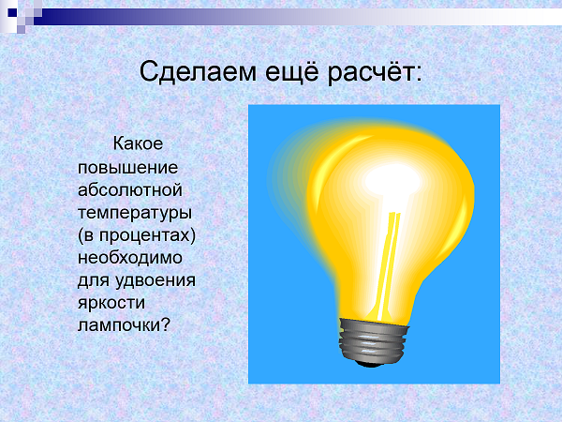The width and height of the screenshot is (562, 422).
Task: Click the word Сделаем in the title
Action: (x=198, y=72)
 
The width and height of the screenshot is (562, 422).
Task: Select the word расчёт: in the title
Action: (x=375, y=73)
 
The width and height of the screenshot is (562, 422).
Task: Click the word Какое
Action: (x=138, y=143)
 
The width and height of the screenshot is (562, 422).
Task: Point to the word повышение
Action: (x=128, y=168)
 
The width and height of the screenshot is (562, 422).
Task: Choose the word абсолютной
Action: (x=130, y=190)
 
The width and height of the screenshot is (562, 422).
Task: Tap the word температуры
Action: (x=135, y=214)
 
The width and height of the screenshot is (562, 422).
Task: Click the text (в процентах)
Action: (x=137, y=235)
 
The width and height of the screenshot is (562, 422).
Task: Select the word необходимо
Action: (x=130, y=258)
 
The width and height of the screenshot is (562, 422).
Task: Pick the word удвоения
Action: (x=155, y=280)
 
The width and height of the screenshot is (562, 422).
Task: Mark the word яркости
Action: (x=111, y=303)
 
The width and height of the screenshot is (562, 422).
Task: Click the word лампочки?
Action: (x=124, y=325)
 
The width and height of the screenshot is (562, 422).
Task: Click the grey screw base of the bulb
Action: (x=373, y=340)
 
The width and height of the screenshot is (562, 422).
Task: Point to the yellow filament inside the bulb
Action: (x=388, y=265)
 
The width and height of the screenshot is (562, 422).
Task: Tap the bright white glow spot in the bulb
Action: (x=392, y=180)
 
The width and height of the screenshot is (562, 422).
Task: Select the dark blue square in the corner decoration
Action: (x=12, y=12)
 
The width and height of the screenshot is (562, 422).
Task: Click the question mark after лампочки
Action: (x=165, y=324)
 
